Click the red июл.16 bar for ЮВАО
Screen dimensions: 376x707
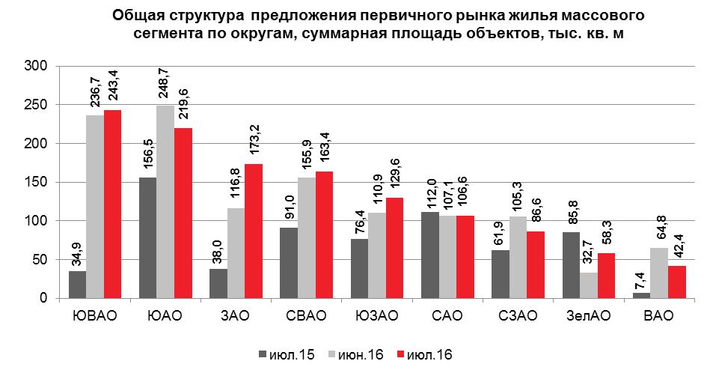click(x=112, y=204)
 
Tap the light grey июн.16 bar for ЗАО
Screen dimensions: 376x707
click(x=236, y=253)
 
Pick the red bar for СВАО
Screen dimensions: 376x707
click(x=323, y=235)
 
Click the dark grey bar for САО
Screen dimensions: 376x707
click(x=430, y=255)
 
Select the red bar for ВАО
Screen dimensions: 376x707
click(x=677, y=282)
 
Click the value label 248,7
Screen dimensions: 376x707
click(x=165, y=84)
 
